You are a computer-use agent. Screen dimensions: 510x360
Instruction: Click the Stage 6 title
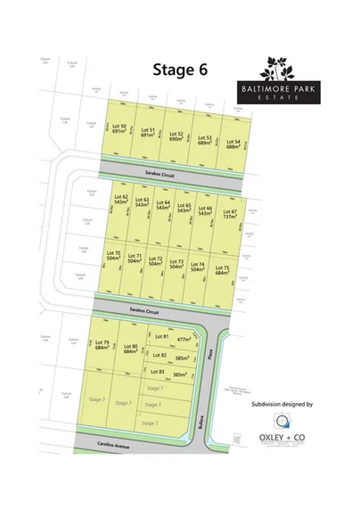pyautogui.click(x=179, y=70)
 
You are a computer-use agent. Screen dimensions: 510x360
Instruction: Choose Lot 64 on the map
pyautogui.click(x=163, y=204)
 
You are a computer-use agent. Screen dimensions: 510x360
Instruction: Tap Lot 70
pyautogui.click(x=113, y=257)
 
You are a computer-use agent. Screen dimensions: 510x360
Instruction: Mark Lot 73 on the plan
pyautogui.click(x=176, y=264)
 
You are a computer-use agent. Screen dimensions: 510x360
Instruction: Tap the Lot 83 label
pyautogui.click(x=157, y=371)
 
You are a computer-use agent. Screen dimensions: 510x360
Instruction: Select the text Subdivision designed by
pyautogui.click(x=282, y=403)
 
